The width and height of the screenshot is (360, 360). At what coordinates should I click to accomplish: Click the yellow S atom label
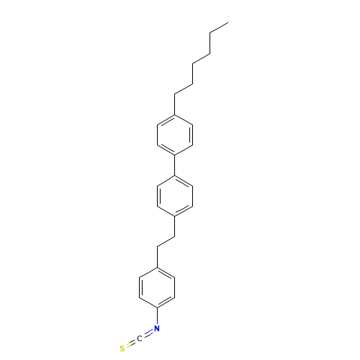pyautogui.click(x=123, y=348)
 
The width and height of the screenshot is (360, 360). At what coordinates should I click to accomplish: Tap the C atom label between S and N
pyautogui.click(x=140, y=339)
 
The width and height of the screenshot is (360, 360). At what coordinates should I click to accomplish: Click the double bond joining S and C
pyautogui.click(x=131, y=344)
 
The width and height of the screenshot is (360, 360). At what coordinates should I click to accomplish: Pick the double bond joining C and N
pyautogui.click(x=148, y=335)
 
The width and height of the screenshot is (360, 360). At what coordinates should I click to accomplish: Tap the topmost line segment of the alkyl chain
pyautogui.click(x=219, y=28)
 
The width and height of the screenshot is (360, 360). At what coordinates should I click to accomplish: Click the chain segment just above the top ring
pyautogui.click(x=183, y=89)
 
